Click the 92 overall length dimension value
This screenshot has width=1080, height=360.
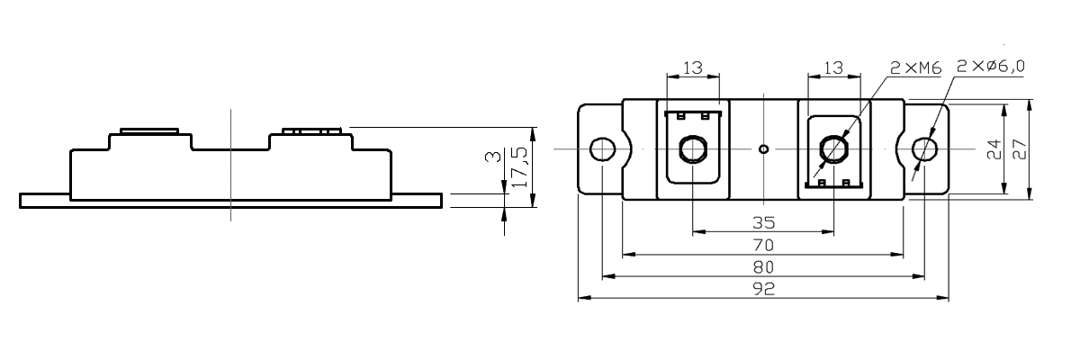click(x=763, y=290)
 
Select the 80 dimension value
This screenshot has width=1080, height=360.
click(x=763, y=267)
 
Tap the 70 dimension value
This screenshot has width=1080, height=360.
click(x=763, y=245)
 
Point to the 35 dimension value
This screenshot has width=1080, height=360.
click(x=763, y=222)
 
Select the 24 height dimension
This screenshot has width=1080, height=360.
click(x=994, y=149)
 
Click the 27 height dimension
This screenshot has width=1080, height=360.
click(x=1020, y=149)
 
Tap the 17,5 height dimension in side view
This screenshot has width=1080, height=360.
click(x=519, y=167)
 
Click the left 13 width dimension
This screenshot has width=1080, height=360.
click(x=693, y=67)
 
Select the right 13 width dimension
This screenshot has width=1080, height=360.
click(x=834, y=67)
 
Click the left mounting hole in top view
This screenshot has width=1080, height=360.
click(x=601, y=148)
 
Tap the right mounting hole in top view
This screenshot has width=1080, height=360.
click(x=923, y=148)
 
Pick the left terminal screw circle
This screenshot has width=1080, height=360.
click(x=693, y=148)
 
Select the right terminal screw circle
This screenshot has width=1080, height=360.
click(x=834, y=148)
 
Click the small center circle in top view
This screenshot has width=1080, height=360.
click(x=763, y=148)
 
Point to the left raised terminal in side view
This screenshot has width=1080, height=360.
click(x=148, y=131)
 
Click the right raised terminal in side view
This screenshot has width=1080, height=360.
click(x=311, y=131)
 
